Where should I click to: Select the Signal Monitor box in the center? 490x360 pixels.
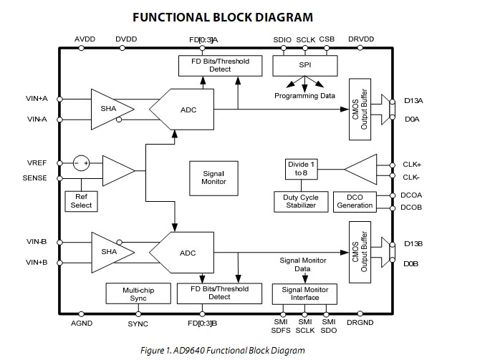click(213, 177)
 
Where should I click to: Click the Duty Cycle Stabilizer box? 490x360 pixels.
click(300, 201)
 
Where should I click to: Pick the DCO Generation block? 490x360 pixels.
click(355, 201)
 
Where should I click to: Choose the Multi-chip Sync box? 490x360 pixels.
click(138, 293)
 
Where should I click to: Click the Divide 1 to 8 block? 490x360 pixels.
click(300, 169)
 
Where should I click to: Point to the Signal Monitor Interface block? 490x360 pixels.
click(306, 293)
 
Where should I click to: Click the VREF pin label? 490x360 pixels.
click(37, 163)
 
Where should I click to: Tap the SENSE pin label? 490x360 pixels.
click(35, 177)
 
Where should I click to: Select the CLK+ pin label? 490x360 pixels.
click(413, 163)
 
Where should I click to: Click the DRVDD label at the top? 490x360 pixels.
click(362, 39)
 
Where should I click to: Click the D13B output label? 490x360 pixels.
click(413, 244)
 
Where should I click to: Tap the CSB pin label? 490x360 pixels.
click(327, 39)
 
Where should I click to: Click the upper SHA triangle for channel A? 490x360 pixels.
click(110, 109)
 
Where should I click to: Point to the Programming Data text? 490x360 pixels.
click(305, 95)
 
